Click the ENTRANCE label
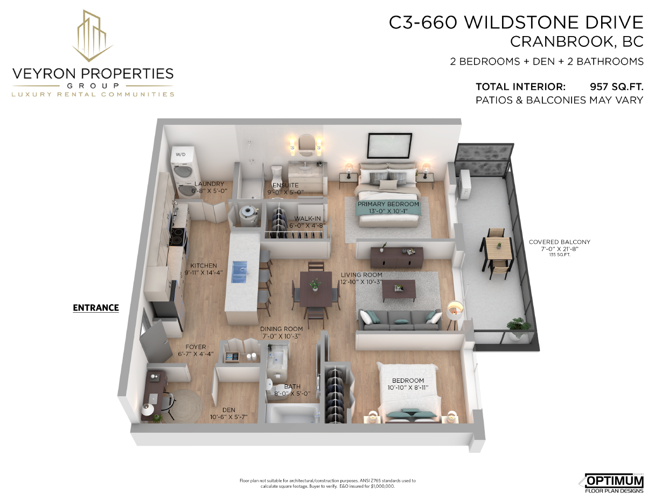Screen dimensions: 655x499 click(x=96, y=307)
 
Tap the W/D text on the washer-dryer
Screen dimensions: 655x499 click(x=180, y=154)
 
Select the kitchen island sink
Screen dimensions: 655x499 click(x=240, y=272)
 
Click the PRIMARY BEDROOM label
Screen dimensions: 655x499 click(x=388, y=204)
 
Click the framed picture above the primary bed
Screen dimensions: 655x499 click(x=390, y=145)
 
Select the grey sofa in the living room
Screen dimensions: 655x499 click(x=400, y=320)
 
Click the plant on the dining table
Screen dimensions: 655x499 click(x=315, y=284)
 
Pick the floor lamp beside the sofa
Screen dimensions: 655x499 click(x=455, y=313)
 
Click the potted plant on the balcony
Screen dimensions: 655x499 click(x=518, y=328)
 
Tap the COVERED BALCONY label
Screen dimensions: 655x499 click(x=560, y=242)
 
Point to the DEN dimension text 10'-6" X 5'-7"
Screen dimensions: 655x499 click(x=229, y=417)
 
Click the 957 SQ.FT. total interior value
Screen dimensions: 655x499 click(x=617, y=87)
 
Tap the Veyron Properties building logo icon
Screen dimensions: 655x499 click(x=93, y=36)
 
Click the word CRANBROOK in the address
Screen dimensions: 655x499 click(x=560, y=42)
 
